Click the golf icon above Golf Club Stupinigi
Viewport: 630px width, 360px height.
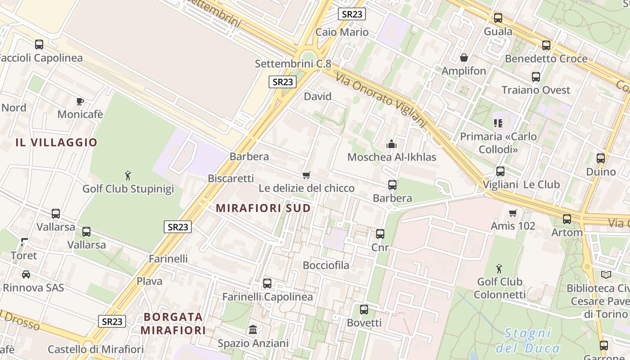coord(128,175)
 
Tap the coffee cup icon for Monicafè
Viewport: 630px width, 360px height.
coord(80,101)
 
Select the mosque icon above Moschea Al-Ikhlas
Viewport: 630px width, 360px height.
coord(391,144)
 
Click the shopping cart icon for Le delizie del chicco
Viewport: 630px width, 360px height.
coord(306,175)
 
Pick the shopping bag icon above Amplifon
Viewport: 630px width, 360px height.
coord(464,58)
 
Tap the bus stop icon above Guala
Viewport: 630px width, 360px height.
coord(498,18)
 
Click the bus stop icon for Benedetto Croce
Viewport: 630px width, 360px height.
coord(546,45)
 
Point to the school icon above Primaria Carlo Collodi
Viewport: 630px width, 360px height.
coord(498,123)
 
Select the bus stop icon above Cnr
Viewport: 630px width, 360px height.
coord(380,234)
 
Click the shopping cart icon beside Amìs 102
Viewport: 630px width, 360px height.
coord(513,213)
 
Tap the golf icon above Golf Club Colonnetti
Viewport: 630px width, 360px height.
coord(499,269)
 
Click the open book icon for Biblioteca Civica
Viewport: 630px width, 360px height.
coord(606,274)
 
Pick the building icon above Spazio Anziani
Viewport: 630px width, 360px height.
coord(253,330)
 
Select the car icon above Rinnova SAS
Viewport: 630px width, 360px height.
coord(26,274)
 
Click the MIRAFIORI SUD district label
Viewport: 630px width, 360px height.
coord(263,208)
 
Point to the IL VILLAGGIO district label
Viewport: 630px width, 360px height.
coord(56,143)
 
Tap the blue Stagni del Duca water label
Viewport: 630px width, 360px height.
coord(528,341)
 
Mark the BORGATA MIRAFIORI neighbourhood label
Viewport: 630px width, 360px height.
coord(173,324)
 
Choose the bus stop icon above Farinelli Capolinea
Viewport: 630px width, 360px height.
coord(267,283)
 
